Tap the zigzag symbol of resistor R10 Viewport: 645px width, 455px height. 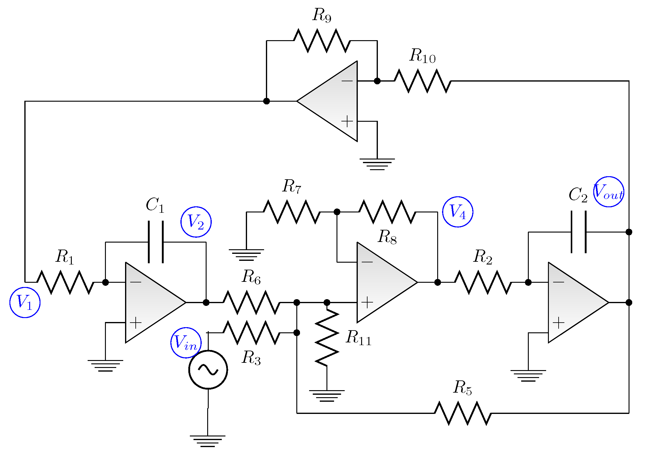[423, 81]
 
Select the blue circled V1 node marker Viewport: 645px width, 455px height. [25, 302]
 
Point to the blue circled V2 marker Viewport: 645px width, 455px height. [196, 222]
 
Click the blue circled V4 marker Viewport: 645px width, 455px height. [457, 212]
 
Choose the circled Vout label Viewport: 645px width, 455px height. [608, 192]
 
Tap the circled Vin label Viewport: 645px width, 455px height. [186, 343]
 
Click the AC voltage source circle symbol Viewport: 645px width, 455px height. [208, 369]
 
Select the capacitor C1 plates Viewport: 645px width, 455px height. [156, 242]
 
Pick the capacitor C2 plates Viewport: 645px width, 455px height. [579, 232]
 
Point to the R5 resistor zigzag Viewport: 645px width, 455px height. [463, 413]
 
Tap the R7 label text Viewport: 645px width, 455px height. [291, 186]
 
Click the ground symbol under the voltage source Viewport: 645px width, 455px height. [208, 441]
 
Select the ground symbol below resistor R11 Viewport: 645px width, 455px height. [327, 395]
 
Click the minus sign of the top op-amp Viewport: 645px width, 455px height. [347, 81]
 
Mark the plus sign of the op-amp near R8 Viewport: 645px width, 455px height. [367, 302]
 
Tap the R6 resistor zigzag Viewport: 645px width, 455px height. [251, 302]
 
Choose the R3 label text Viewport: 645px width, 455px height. [251, 358]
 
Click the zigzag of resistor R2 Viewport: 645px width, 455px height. [483, 282]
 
